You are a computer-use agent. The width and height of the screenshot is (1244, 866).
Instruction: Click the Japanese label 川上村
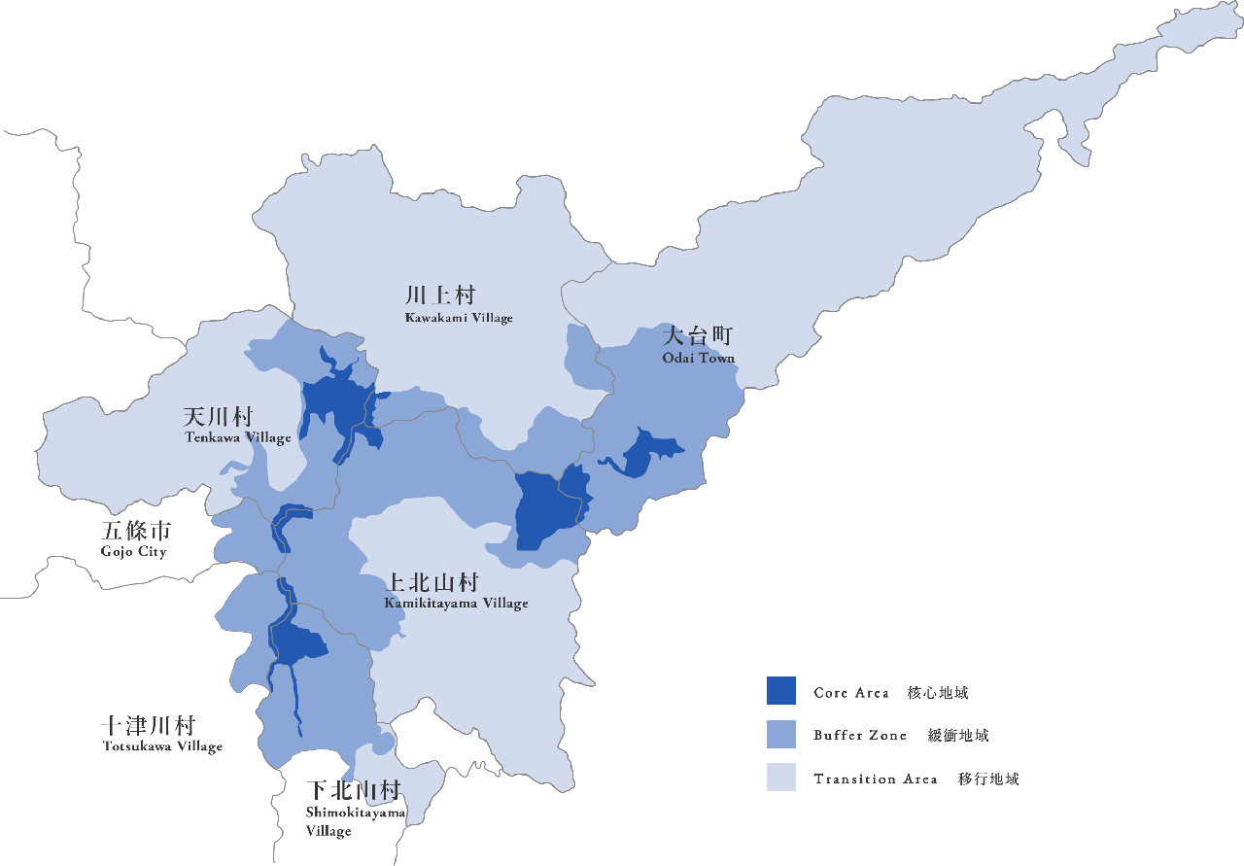[440, 295]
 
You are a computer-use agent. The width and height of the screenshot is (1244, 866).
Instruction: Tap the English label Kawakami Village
[459, 318]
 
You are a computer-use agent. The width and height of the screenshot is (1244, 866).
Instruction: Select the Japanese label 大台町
[697, 336]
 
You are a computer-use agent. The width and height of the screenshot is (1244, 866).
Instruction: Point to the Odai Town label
[699, 358]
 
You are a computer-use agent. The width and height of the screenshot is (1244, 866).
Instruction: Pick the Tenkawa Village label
[238, 438]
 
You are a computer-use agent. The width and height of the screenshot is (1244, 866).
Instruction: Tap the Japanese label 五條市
[136, 531]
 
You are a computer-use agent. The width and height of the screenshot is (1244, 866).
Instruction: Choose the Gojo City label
[133, 552]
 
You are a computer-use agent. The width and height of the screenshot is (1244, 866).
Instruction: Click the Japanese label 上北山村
[432, 582]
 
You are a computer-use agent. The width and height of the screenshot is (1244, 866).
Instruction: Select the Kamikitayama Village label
[456, 604]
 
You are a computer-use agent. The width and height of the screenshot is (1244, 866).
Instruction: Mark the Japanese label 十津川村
[149, 726]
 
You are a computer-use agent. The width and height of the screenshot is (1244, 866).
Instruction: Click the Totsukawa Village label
[162, 746]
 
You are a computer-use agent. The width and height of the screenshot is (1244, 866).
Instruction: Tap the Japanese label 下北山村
[353, 790]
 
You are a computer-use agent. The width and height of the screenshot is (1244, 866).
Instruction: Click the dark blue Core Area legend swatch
[780, 691]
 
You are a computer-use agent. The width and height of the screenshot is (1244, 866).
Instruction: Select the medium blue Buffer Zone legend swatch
[780, 734]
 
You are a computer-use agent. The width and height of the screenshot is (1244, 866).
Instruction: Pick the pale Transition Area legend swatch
[780, 778]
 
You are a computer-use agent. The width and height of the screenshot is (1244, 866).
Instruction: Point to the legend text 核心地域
[938, 693]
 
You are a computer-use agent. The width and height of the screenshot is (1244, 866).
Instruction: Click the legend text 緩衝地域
[958, 736]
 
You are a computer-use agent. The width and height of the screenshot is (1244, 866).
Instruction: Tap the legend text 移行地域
[988, 779]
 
